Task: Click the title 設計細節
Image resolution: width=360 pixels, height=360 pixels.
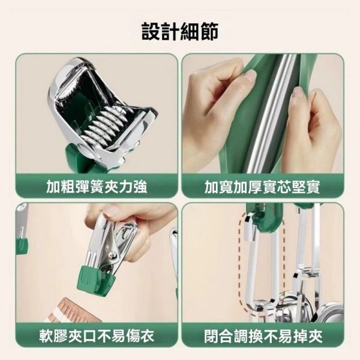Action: (x=180, y=31)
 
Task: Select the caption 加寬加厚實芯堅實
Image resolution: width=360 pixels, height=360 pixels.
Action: (x=263, y=187)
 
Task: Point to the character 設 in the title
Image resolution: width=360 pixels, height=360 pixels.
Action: (x=151, y=31)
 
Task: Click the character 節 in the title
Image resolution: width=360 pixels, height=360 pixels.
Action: (x=209, y=31)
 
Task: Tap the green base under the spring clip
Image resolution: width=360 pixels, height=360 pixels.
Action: (x=81, y=157)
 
